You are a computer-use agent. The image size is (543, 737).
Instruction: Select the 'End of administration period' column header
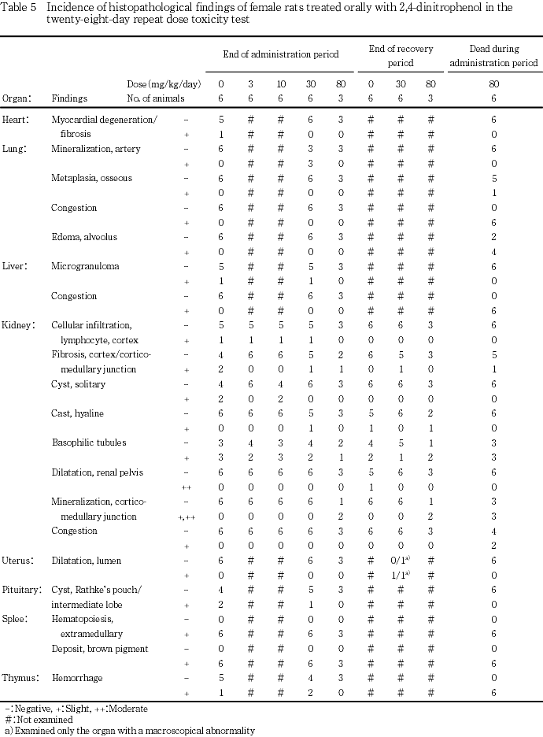pos(280,54)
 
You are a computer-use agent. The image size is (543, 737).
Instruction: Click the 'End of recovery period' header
pos(401,55)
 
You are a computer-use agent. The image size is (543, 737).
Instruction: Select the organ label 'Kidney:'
pos(18,325)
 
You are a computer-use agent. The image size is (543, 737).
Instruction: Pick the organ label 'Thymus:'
pos(19,678)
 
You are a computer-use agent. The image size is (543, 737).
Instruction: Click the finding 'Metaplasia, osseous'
pos(90,178)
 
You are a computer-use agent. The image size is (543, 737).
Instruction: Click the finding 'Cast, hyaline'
pos(77,413)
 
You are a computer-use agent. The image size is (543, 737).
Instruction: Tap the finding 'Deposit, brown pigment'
pos(98,649)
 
